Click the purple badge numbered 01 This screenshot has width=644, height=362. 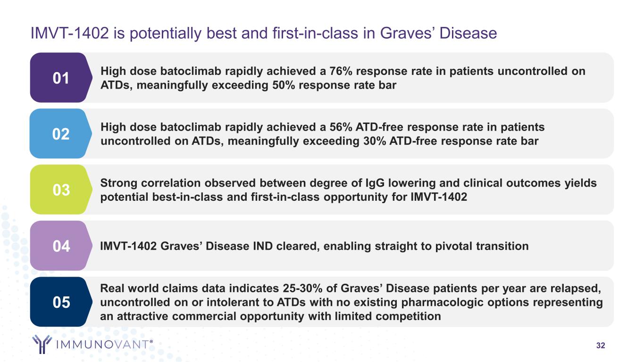point(61,78)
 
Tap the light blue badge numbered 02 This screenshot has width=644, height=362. point(61,133)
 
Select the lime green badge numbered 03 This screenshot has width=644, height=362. point(61,189)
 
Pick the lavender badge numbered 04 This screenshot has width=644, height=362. point(61,246)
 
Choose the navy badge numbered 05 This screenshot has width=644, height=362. point(61,302)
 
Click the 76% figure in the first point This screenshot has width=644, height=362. point(341,71)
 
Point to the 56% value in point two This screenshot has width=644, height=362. point(341,127)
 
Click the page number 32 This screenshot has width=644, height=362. point(601,346)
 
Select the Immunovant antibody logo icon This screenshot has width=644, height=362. point(42,344)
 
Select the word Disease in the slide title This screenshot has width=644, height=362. point(468,33)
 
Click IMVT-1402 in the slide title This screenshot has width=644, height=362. point(69,33)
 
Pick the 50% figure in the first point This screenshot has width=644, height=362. point(284,85)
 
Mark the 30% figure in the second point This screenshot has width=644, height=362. point(375,141)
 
